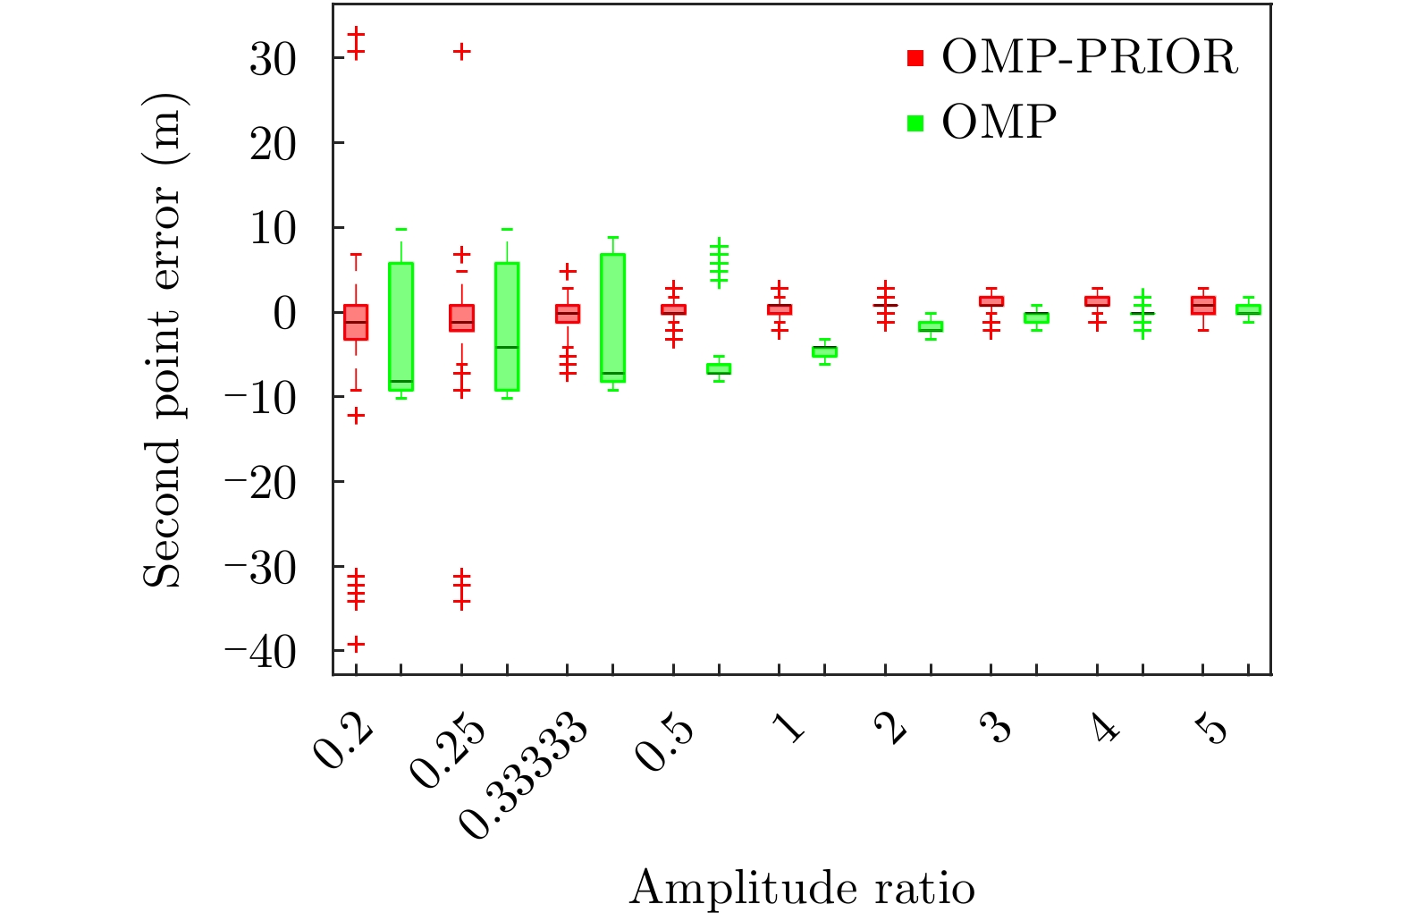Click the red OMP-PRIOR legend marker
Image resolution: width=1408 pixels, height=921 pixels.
915,58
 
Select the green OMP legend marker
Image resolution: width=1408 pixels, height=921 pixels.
915,123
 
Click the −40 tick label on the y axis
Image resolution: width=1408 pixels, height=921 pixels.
260,652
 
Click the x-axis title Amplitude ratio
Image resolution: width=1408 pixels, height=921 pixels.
802,889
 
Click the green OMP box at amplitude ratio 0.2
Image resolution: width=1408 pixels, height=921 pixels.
400,326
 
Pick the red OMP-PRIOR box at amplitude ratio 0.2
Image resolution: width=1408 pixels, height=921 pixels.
356,322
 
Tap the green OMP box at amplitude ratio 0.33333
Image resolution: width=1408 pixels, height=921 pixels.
613,318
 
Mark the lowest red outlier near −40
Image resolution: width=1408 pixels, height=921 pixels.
356,644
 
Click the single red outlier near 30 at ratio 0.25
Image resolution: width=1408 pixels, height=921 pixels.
461,52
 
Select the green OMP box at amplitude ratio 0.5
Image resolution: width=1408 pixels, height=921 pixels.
719,368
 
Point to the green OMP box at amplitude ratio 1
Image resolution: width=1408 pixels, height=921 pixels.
824,351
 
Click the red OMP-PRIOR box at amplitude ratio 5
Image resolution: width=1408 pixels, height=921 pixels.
1203,306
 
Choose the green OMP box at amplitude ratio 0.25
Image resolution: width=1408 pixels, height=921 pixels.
507,326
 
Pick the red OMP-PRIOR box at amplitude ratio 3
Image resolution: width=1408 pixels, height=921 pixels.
991,301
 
